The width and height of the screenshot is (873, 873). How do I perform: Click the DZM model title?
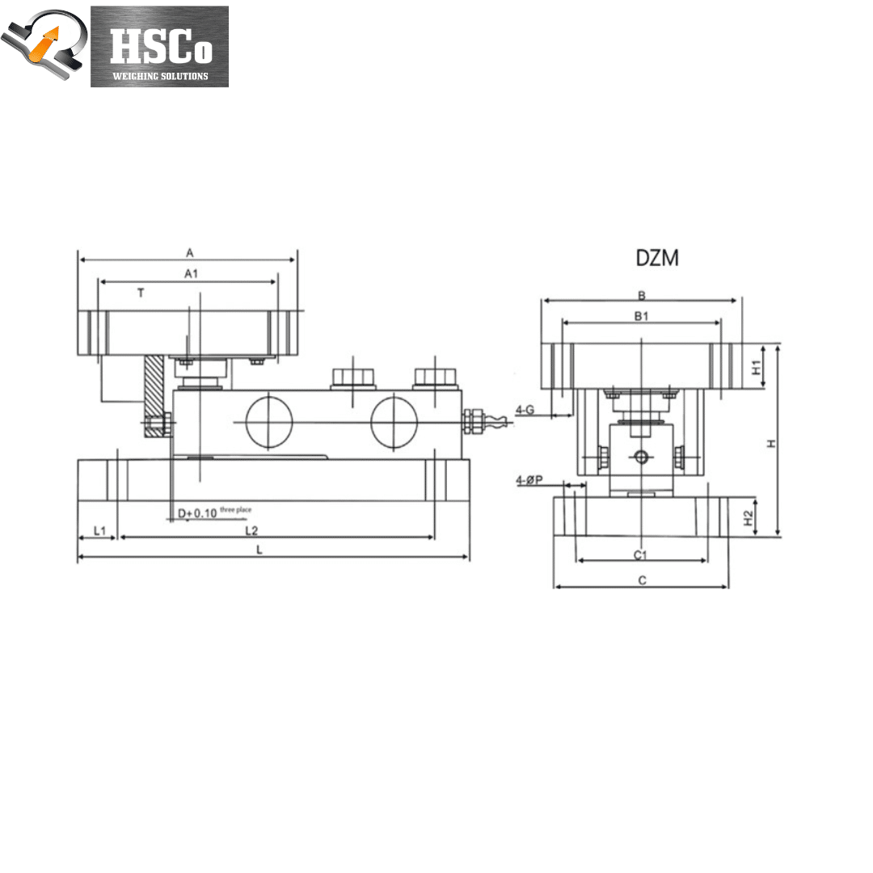pyautogui.click(x=657, y=258)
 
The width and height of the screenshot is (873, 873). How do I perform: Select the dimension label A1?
pyautogui.click(x=191, y=273)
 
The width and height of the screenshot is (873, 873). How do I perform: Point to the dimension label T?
pyautogui.click(x=141, y=293)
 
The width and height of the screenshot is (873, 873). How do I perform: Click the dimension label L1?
pyautogui.click(x=99, y=530)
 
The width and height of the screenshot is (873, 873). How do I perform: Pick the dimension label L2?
pyautogui.click(x=251, y=530)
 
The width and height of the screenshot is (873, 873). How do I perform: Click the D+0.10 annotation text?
pyautogui.click(x=197, y=513)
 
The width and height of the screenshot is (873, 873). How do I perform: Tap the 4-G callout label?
pyautogui.click(x=525, y=410)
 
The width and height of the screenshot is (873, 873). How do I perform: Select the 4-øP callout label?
pyautogui.click(x=529, y=480)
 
